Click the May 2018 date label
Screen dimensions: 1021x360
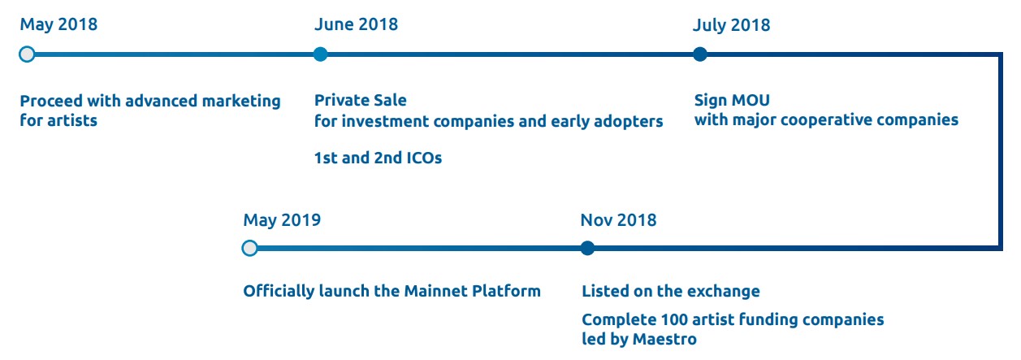point(58,24)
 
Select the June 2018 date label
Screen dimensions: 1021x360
point(356,24)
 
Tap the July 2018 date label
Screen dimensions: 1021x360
point(732,25)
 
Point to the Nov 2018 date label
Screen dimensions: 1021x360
point(618,220)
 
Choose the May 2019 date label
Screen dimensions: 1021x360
point(282,220)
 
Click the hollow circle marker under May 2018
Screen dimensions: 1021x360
point(27,54)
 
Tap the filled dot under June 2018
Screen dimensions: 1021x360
point(320,54)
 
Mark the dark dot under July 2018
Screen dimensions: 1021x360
point(699,54)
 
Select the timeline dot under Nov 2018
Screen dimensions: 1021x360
point(587,248)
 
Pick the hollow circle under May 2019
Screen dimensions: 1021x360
point(250,248)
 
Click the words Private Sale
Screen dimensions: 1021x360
point(361,100)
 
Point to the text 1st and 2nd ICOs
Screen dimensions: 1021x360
point(378,158)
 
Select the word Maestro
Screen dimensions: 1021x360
point(665,339)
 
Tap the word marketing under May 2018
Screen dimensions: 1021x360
point(241,101)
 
